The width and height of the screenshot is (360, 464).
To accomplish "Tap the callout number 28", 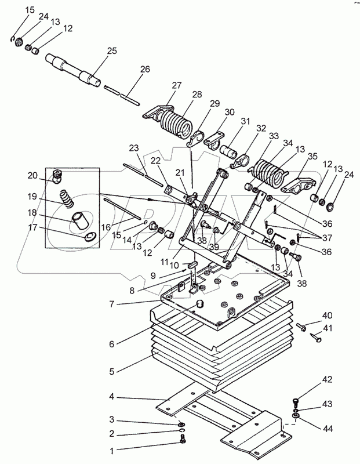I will click(197, 94).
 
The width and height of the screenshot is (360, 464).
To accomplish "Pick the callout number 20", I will click(32, 175).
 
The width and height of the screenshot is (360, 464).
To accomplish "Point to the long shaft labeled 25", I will click(75, 68).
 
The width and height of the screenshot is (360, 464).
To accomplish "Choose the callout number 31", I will click(245, 122).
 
